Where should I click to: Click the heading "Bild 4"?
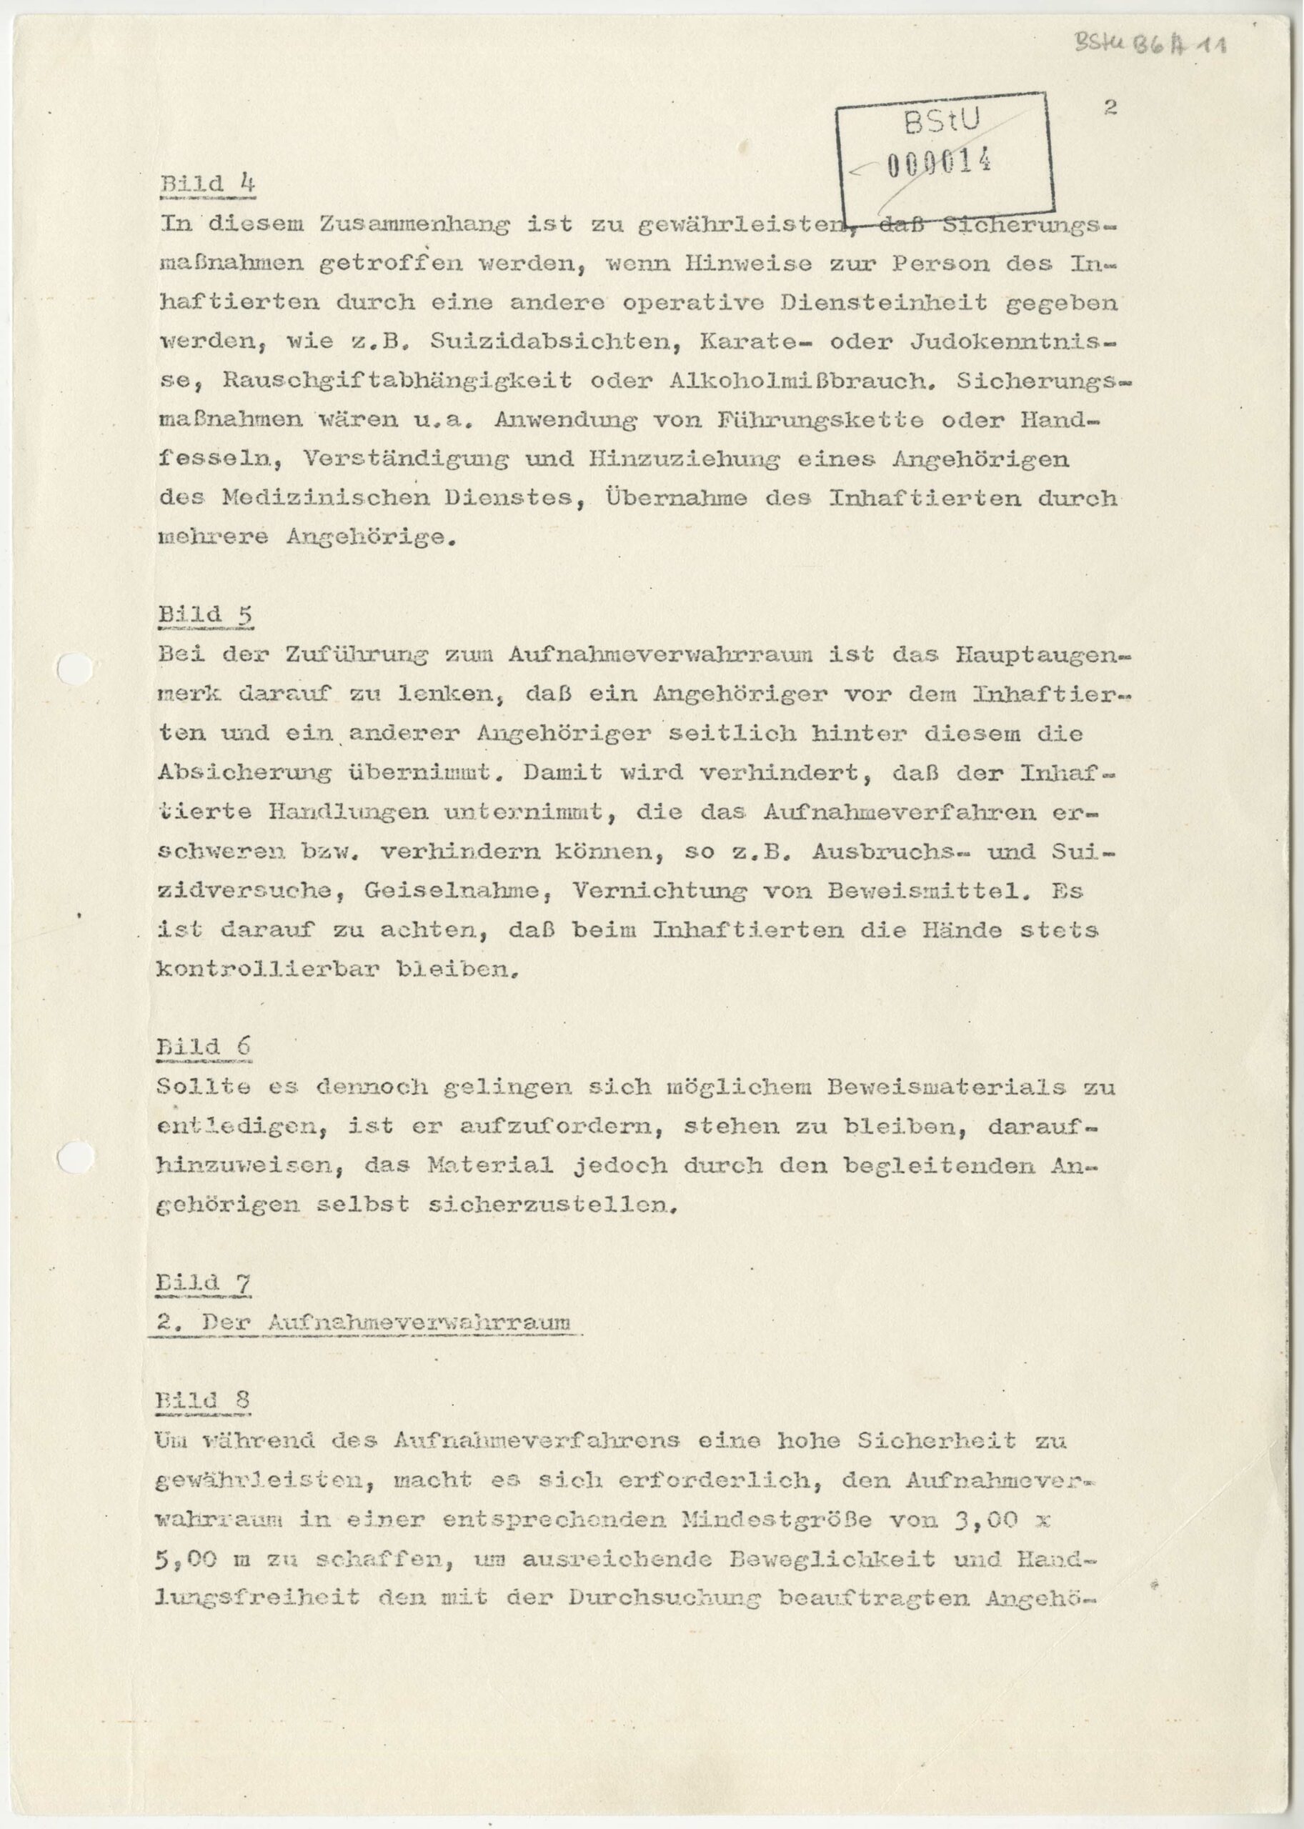tap(207, 184)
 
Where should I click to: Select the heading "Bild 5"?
tap(205, 614)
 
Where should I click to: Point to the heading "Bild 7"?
tap(202, 1282)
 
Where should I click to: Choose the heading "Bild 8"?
tap(202, 1400)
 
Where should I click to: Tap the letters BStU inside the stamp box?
tap(941, 123)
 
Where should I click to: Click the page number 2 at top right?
tap(1110, 109)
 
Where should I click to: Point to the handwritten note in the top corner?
tap(1150, 44)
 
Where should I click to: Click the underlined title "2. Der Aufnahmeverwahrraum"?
tap(365, 1322)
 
